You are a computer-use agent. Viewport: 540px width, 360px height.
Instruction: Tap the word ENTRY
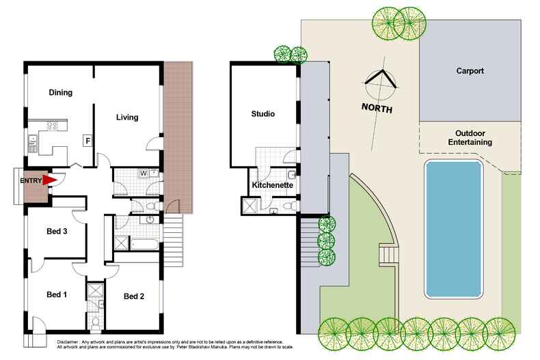point(30,180)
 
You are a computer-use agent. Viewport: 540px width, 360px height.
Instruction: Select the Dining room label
point(61,92)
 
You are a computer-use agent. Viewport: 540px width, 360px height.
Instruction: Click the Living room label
point(126,117)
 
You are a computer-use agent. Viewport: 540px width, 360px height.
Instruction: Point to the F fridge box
point(87,141)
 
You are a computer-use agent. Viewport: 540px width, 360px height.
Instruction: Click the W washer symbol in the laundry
point(144,173)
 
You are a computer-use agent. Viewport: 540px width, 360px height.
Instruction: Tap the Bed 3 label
point(56,232)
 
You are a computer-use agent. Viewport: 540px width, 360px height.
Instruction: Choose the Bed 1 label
point(56,294)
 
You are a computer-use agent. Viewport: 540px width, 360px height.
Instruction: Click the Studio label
point(262,114)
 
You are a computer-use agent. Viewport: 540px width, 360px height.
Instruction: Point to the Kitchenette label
point(273,186)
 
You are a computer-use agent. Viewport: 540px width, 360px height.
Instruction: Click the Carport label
point(470,70)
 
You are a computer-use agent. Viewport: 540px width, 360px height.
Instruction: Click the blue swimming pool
point(454,229)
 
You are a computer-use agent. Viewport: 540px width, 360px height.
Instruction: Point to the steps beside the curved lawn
point(388,255)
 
